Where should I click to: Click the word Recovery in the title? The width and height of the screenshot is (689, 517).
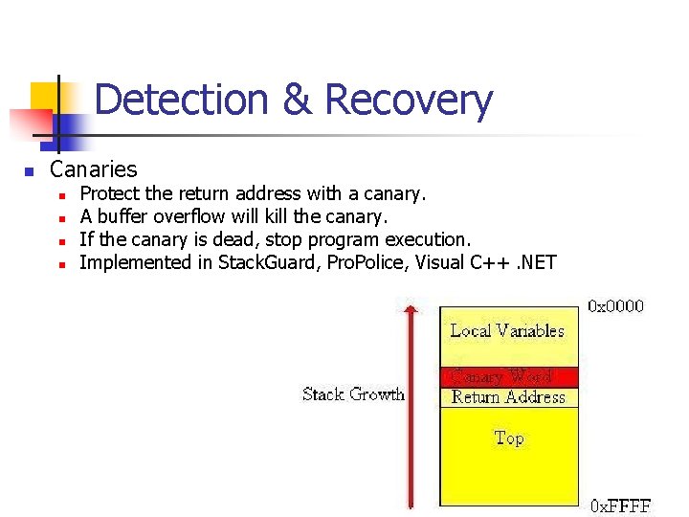point(409,100)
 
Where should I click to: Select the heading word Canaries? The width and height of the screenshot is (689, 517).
point(94,170)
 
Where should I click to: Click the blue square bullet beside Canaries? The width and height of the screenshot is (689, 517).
point(29,172)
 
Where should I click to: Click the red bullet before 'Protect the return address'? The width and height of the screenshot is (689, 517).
point(60,195)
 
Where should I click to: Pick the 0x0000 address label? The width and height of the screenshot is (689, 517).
point(615,306)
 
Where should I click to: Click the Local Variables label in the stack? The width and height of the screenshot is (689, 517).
point(507,331)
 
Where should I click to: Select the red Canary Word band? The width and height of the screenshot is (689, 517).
point(508,376)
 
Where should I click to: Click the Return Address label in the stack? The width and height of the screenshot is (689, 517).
point(508,397)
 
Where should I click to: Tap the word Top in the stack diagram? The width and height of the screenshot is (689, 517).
point(508,438)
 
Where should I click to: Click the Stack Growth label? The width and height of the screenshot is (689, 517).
point(353,393)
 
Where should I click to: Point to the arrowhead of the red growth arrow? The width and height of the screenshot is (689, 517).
point(411,307)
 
